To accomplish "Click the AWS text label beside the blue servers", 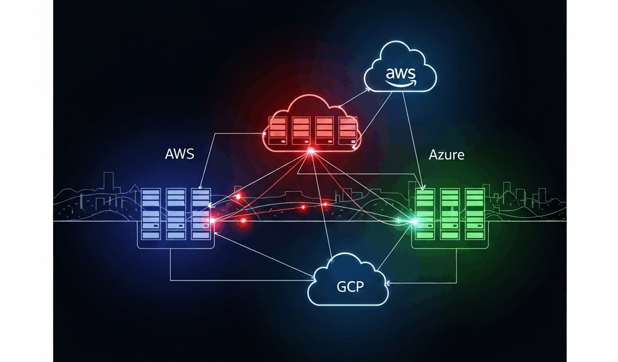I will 179,153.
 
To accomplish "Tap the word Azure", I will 447,154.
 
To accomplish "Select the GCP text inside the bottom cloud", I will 350,286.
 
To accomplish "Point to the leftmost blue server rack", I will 151,212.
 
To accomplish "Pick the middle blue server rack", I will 176,212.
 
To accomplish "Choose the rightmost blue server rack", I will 200,212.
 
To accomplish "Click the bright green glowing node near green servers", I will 414,221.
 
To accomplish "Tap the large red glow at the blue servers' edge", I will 212,222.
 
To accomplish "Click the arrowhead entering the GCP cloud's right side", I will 388,282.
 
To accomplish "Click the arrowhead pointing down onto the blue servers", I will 202,185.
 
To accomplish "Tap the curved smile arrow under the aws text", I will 401,82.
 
